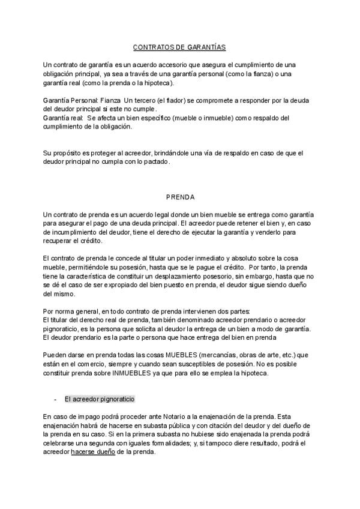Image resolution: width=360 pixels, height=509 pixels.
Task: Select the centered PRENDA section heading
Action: pyautogui.click(x=180, y=196)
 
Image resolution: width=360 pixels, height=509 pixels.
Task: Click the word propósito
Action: pyautogui.click(x=71, y=153)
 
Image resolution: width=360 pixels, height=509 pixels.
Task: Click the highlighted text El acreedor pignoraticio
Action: pyautogui.click(x=100, y=399)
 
